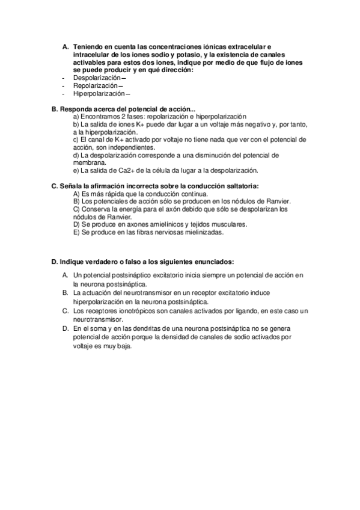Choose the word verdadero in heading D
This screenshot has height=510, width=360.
coord(101,263)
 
